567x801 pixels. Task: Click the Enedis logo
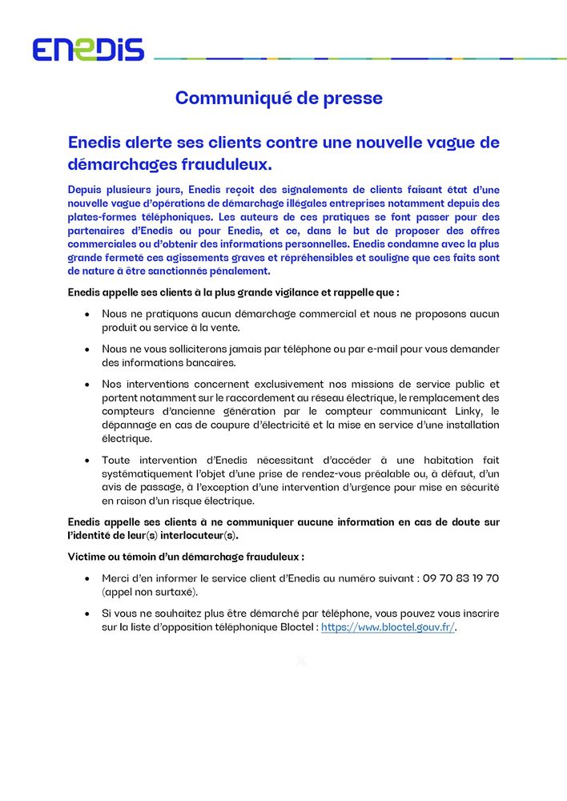(x=88, y=50)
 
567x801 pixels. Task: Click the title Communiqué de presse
(x=279, y=99)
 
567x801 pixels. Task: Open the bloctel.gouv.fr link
(x=388, y=628)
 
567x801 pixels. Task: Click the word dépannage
(x=131, y=425)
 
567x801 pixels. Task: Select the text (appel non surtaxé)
(x=150, y=593)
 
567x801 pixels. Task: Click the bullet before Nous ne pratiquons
(x=87, y=314)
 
